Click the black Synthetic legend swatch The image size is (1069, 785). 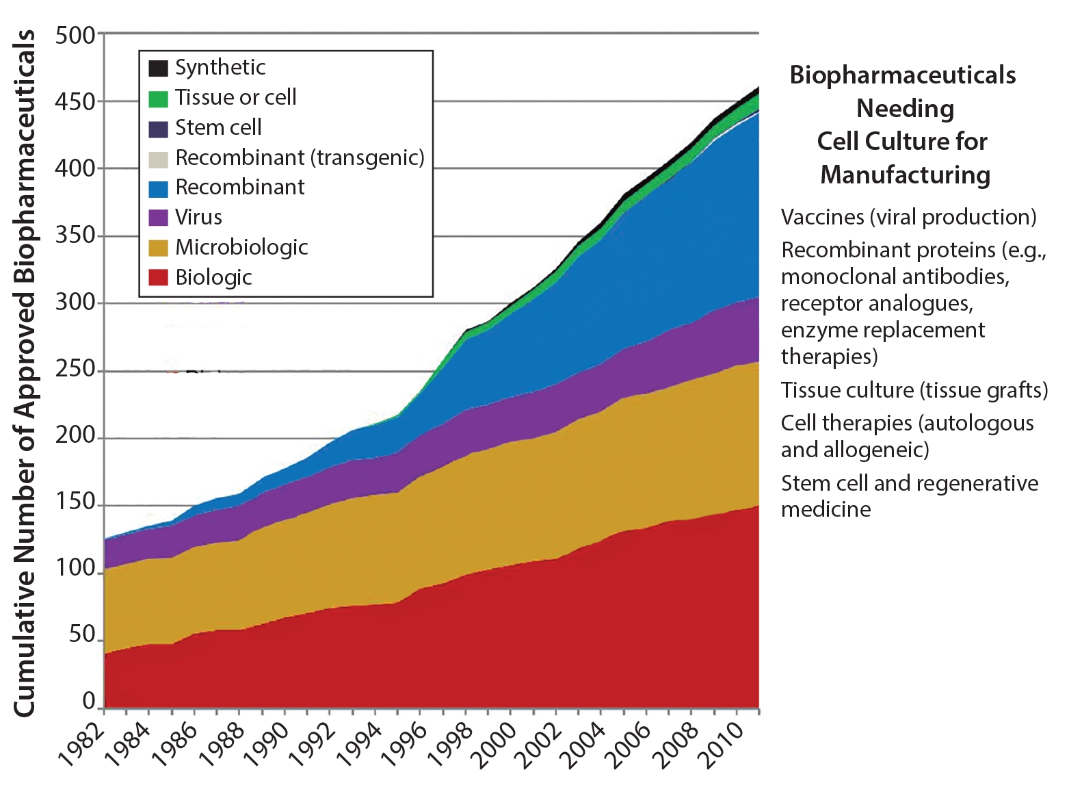point(158,68)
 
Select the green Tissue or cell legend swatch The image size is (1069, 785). point(158,99)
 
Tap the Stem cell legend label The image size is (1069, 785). point(218,127)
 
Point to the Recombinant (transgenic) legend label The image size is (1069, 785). point(300,157)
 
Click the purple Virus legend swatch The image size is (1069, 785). point(158,218)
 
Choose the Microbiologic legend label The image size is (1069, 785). point(241,247)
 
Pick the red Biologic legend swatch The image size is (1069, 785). point(158,277)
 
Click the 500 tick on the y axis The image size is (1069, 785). point(75,35)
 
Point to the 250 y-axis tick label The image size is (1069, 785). point(75,370)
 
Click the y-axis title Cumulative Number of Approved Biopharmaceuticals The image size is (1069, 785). point(25,373)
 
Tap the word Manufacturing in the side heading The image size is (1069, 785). point(905,175)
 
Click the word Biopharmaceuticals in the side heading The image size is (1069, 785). point(903,75)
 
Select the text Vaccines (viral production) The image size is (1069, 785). point(908,217)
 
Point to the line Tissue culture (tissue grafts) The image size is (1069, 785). point(914,390)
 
